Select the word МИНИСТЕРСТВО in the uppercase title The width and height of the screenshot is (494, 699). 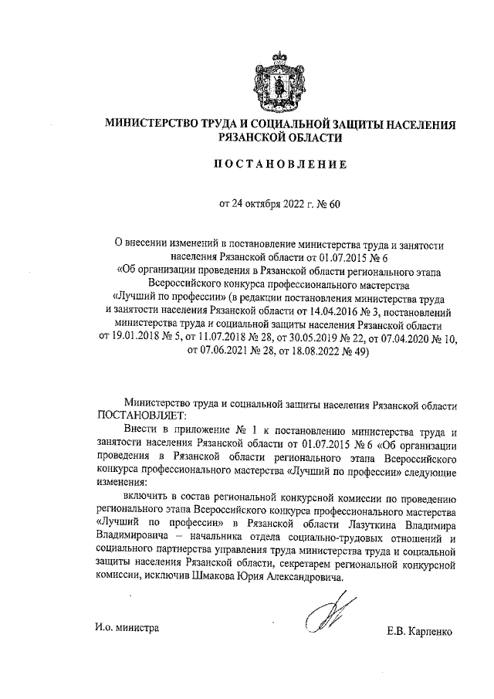click(151, 124)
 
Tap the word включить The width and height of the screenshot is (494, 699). click(144, 499)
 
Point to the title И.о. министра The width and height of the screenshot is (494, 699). click(122, 629)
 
